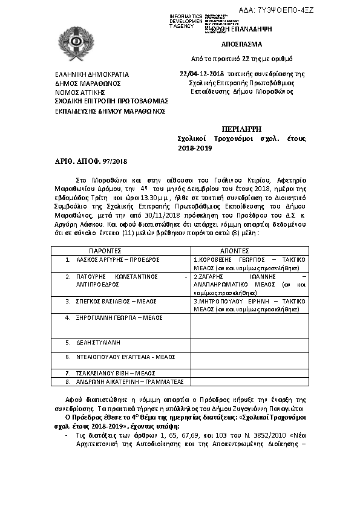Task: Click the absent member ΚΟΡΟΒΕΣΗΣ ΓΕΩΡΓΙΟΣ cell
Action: pos(249,263)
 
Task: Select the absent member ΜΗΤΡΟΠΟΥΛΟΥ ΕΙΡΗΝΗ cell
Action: pos(249,304)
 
